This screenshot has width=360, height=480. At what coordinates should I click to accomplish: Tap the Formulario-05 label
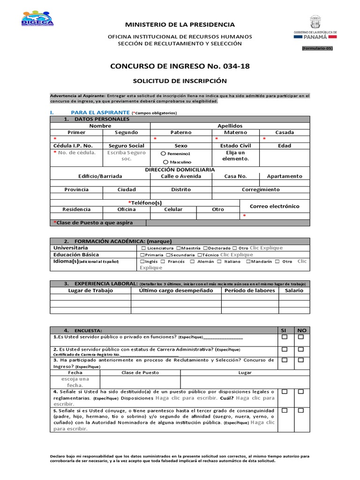pyautogui.click(x=317, y=48)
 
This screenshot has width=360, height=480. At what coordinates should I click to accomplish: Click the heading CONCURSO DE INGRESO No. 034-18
pyautogui.click(x=180, y=66)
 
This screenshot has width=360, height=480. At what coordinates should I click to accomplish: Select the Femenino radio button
pyautogui.click(x=163, y=153)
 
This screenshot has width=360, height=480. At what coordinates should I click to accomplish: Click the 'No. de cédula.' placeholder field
pyautogui.click(x=76, y=152)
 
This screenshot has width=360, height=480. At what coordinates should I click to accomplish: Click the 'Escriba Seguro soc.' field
pyautogui.click(x=126, y=156)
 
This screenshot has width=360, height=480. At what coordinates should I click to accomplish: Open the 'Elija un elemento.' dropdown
pyautogui.click(x=235, y=156)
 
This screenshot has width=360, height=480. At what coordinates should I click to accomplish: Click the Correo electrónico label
pyautogui.click(x=274, y=206)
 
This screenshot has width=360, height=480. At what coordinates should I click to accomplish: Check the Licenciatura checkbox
pyautogui.click(x=143, y=248)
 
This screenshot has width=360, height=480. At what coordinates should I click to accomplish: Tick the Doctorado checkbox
pyautogui.click(x=205, y=248)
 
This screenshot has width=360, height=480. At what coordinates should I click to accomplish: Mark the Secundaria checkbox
pyautogui.click(x=168, y=255)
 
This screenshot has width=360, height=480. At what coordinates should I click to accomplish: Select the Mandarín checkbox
pyautogui.click(x=248, y=262)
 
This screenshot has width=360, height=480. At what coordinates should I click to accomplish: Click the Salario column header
pyautogui.click(x=294, y=290)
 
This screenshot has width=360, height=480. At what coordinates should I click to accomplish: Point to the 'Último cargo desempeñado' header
pyautogui.click(x=176, y=290)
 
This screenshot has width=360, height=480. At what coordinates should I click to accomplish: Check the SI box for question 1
pyautogui.click(x=284, y=337)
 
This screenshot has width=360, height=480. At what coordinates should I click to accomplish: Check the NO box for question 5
pyautogui.click(x=301, y=410)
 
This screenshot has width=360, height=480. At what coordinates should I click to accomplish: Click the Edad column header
pyautogui.click(x=284, y=146)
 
